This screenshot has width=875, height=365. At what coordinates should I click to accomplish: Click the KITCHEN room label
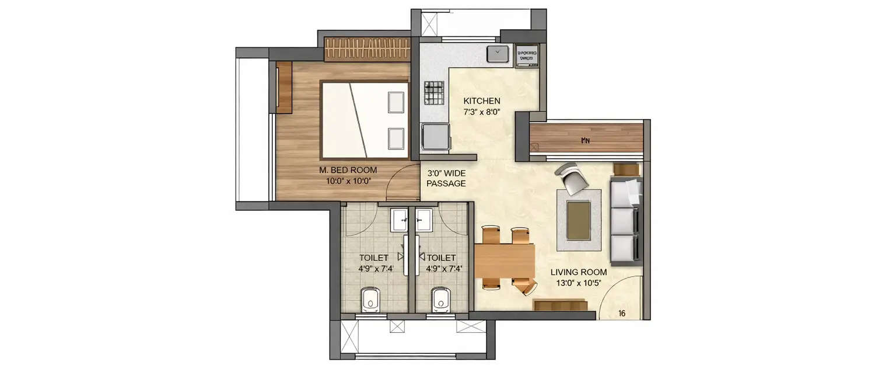click(482, 100)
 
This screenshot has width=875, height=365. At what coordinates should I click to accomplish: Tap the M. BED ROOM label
click(348, 170)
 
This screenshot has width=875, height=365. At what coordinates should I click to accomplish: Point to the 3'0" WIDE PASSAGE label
click(446, 179)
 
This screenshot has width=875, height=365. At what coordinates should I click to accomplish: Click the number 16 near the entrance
click(622, 314)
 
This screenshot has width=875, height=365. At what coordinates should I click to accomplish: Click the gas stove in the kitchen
click(433, 92)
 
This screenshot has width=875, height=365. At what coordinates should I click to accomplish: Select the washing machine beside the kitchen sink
click(527, 55)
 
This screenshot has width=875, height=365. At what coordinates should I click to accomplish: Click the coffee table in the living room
click(578, 219)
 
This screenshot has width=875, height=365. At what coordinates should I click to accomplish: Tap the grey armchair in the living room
click(570, 179)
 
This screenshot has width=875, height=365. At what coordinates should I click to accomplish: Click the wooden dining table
click(505, 260)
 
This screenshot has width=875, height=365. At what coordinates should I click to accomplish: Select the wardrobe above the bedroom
click(367, 48)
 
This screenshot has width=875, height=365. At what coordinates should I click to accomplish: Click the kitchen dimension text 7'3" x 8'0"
click(482, 110)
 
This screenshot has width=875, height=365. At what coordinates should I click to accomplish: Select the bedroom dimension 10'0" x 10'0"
click(348, 180)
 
